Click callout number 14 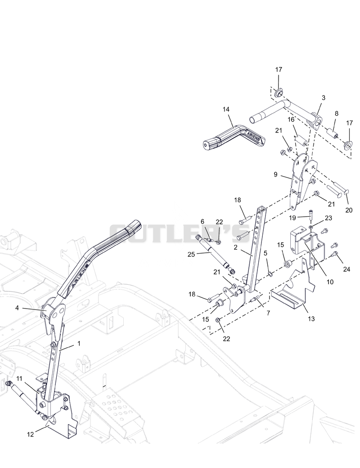pyautogui.click(x=226, y=109)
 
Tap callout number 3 pyautogui.click(x=324, y=98)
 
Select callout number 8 pyautogui.click(x=337, y=114)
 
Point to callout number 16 pyautogui.click(x=291, y=120)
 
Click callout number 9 pyautogui.click(x=275, y=174)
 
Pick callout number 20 pyautogui.click(x=349, y=210)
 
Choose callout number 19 pyautogui.click(x=292, y=218)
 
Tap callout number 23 pyautogui.click(x=328, y=218)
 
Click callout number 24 pyautogui.click(x=346, y=269)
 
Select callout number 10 pyautogui.click(x=330, y=282)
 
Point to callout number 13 pyautogui.click(x=311, y=319)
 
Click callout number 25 pyautogui.click(x=191, y=254)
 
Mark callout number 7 pyautogui.click(x=268, y=313)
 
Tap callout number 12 pyautogui.click(x=31, y=435)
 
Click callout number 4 pyautogui.click(x=17, y=308)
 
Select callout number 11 pyautogui.click(x=19, y=379)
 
